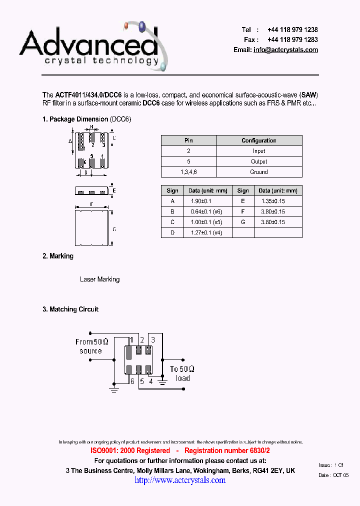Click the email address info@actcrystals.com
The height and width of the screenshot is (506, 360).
point(285,50)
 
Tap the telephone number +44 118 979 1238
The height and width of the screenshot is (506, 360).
point(292,30)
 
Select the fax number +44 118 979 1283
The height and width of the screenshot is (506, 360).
point(292,40)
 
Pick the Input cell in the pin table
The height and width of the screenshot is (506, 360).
point(259,151)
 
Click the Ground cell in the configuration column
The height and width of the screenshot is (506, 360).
point(259,172)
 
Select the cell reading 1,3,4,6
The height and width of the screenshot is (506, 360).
point(188,172)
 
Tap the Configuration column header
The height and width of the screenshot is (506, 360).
point(259,140)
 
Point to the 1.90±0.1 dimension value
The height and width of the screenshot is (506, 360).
point(201,201)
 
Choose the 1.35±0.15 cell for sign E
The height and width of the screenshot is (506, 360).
point(273,201)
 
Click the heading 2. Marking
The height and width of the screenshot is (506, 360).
point(58,256)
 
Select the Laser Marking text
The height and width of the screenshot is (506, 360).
point(99,279)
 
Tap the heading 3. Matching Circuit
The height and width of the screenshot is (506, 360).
point(70,309)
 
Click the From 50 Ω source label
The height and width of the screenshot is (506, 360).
point(91,346)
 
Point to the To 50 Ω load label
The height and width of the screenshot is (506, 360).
point(182,373)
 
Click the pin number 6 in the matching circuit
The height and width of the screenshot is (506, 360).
point(132,381)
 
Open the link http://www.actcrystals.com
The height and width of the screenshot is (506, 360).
point(180,480)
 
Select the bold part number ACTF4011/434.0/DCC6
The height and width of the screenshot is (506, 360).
point(88,95)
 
